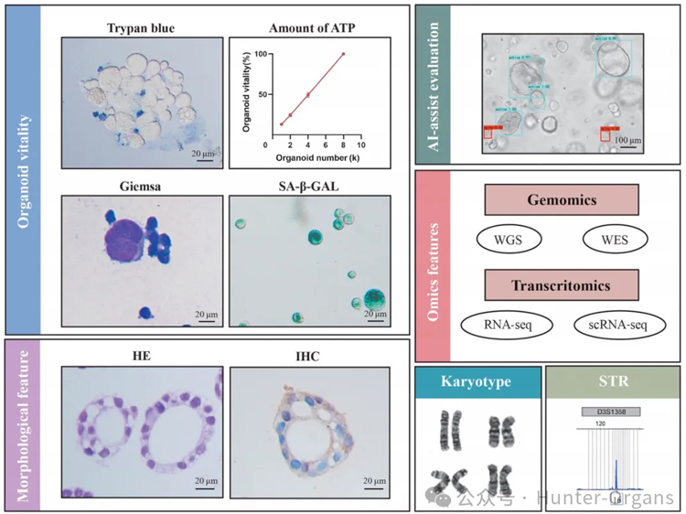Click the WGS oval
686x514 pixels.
pos(509,239)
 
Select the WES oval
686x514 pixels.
pos(615,239)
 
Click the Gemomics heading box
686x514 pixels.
pos(562,199)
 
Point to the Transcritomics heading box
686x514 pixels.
pos(562,285)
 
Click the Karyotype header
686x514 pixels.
pos(474,380)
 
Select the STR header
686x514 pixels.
pos(612,380)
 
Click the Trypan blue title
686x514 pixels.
pos(141,27)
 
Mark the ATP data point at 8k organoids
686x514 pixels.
pos(343,54)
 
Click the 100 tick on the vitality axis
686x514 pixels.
pos(263,54)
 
